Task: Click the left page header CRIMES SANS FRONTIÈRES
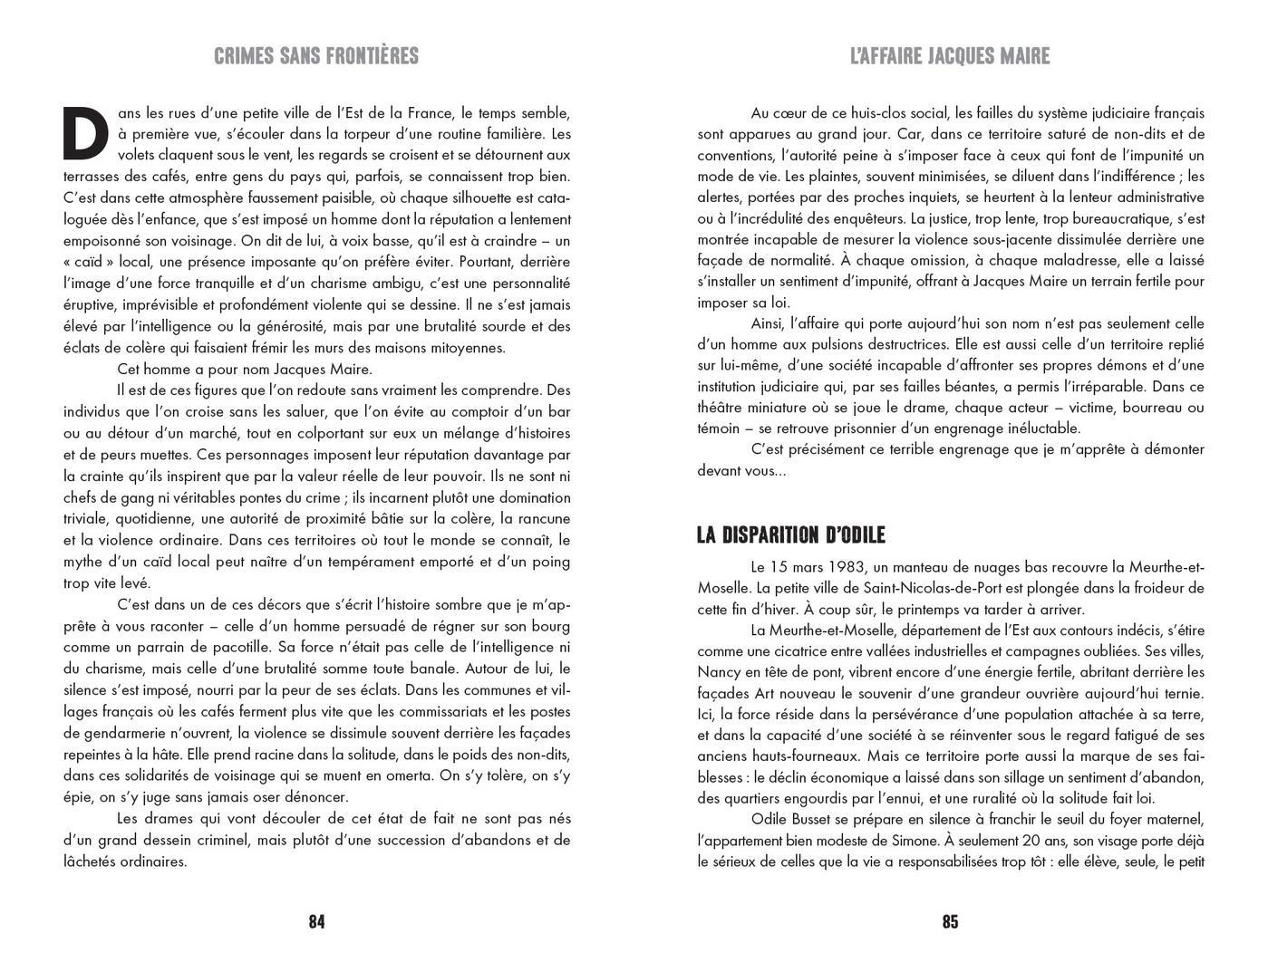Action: [316, 56]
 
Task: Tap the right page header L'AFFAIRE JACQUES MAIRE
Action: [950, 56]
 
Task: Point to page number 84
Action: [316, 922]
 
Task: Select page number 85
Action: [950, 922]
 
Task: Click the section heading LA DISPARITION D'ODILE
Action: [790, 535]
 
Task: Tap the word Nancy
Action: [721, 672]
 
